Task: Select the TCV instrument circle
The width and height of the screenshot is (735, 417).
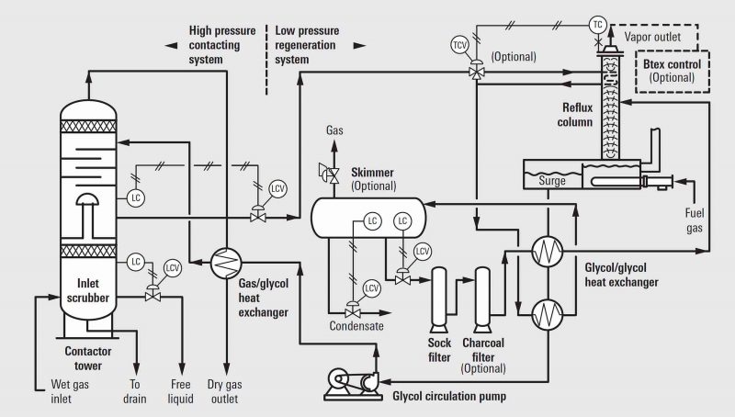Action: (458, 45)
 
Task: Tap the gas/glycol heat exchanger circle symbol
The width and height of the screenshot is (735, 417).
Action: (222, 262)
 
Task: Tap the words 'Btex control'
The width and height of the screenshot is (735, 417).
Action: (669, 65)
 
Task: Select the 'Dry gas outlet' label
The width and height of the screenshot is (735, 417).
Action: (226, 391)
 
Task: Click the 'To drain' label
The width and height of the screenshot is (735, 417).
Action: (135, 391)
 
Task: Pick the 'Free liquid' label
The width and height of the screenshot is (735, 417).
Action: (179, 391)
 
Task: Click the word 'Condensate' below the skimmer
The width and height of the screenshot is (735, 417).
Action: (357, 326)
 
